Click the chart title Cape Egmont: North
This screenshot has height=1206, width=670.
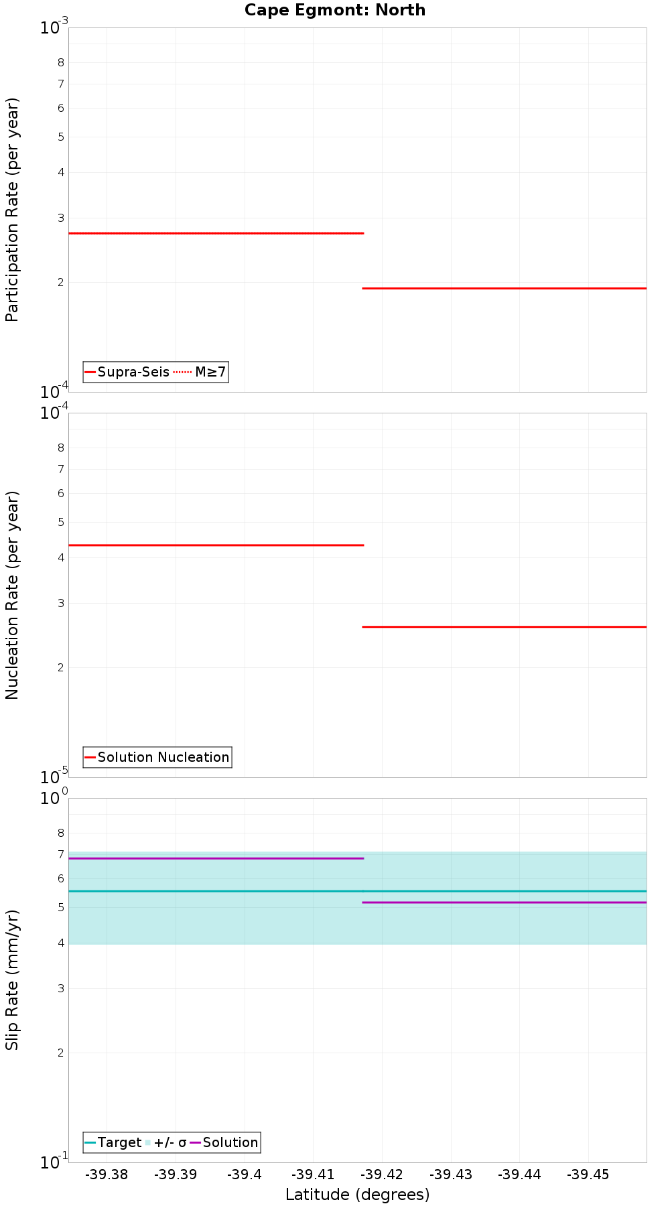click(x=335, y=10)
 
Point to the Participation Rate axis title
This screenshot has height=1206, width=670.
click(x=12, y=210)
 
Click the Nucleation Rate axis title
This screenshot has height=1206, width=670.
click(x=12, y=595)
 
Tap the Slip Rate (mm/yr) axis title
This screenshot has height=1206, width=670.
click(x=12, y=980)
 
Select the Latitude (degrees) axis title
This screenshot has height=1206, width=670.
click(x=357, y=1195)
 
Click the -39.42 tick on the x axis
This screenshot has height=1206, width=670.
click(x=381, y=1175)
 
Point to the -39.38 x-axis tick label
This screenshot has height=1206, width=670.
click(x=107, y=1175)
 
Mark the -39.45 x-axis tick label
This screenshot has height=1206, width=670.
click(x=588, y=1175)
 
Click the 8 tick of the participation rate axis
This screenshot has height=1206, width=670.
click(x=61, y=63)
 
